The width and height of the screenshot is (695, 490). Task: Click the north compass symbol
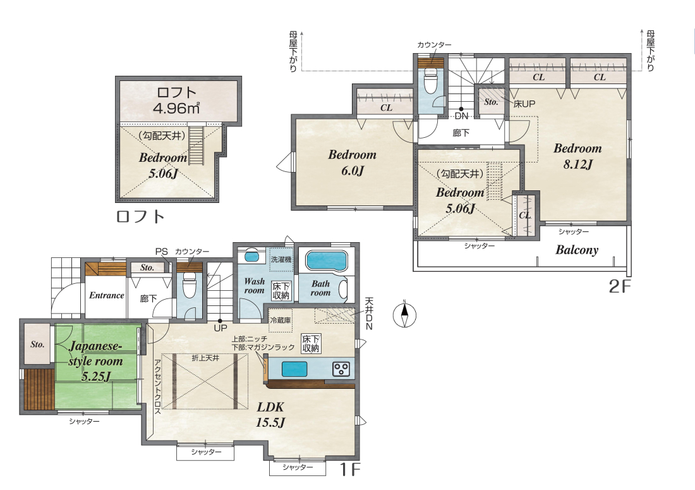click(x=404, y=315)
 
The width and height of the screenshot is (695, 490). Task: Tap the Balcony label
click(x=577, y=250)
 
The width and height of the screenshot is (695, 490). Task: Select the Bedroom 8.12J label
click(x=577, y=156)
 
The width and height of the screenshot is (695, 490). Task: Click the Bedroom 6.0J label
click(x=353, y=162)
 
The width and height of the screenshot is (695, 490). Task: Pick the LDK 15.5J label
click(x=270, y=415)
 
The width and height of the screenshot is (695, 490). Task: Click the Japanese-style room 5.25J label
click(x=96, y=361)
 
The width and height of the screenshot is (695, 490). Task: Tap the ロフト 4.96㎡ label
click(x=176, y=100)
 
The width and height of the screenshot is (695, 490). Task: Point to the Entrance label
click(x=106, y=295)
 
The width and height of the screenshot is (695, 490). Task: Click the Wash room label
click(x=255, y=286)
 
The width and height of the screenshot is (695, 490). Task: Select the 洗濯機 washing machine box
click(x=281, y=259)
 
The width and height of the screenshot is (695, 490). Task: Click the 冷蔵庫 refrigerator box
click(x=280, y=320)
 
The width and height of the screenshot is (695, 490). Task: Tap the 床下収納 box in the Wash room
click(x=281, y=290)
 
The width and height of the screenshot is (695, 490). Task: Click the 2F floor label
click(x=619, y=286)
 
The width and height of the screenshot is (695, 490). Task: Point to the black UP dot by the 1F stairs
click(x=220, y=321)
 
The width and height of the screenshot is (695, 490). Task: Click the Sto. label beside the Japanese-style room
click(x=37, y=345)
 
